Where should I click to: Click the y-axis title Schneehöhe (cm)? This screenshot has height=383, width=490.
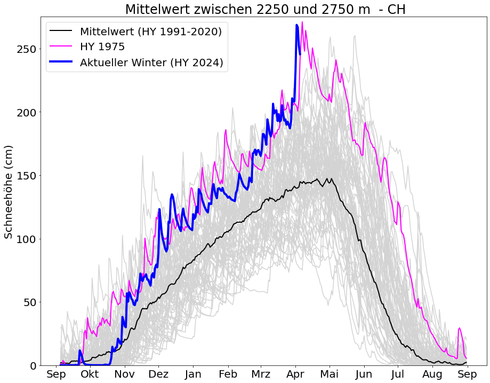click(x=9, y=191)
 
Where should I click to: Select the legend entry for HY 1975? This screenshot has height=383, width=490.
click(x=102, y=47)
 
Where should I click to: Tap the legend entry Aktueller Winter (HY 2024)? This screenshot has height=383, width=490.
click(x=151, y=62)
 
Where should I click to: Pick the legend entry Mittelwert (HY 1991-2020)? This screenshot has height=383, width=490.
click(x=151, y=32)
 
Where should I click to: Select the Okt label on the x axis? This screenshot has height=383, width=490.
click(x=90, y=374)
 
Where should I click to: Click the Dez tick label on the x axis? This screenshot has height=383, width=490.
click(x=158, y=374)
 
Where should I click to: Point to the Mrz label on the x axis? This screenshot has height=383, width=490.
click(x=261, y=374)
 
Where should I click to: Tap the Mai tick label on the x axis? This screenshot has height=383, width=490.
click(x=330, y=374)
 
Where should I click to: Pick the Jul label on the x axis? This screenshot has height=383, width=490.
click(x=398, y=374)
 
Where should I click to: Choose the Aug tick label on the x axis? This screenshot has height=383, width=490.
click(x=432, y=374)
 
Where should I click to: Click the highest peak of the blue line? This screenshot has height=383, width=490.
click(x=297, y=25)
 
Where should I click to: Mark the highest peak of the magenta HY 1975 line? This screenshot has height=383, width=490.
click(x=302, y=22)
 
